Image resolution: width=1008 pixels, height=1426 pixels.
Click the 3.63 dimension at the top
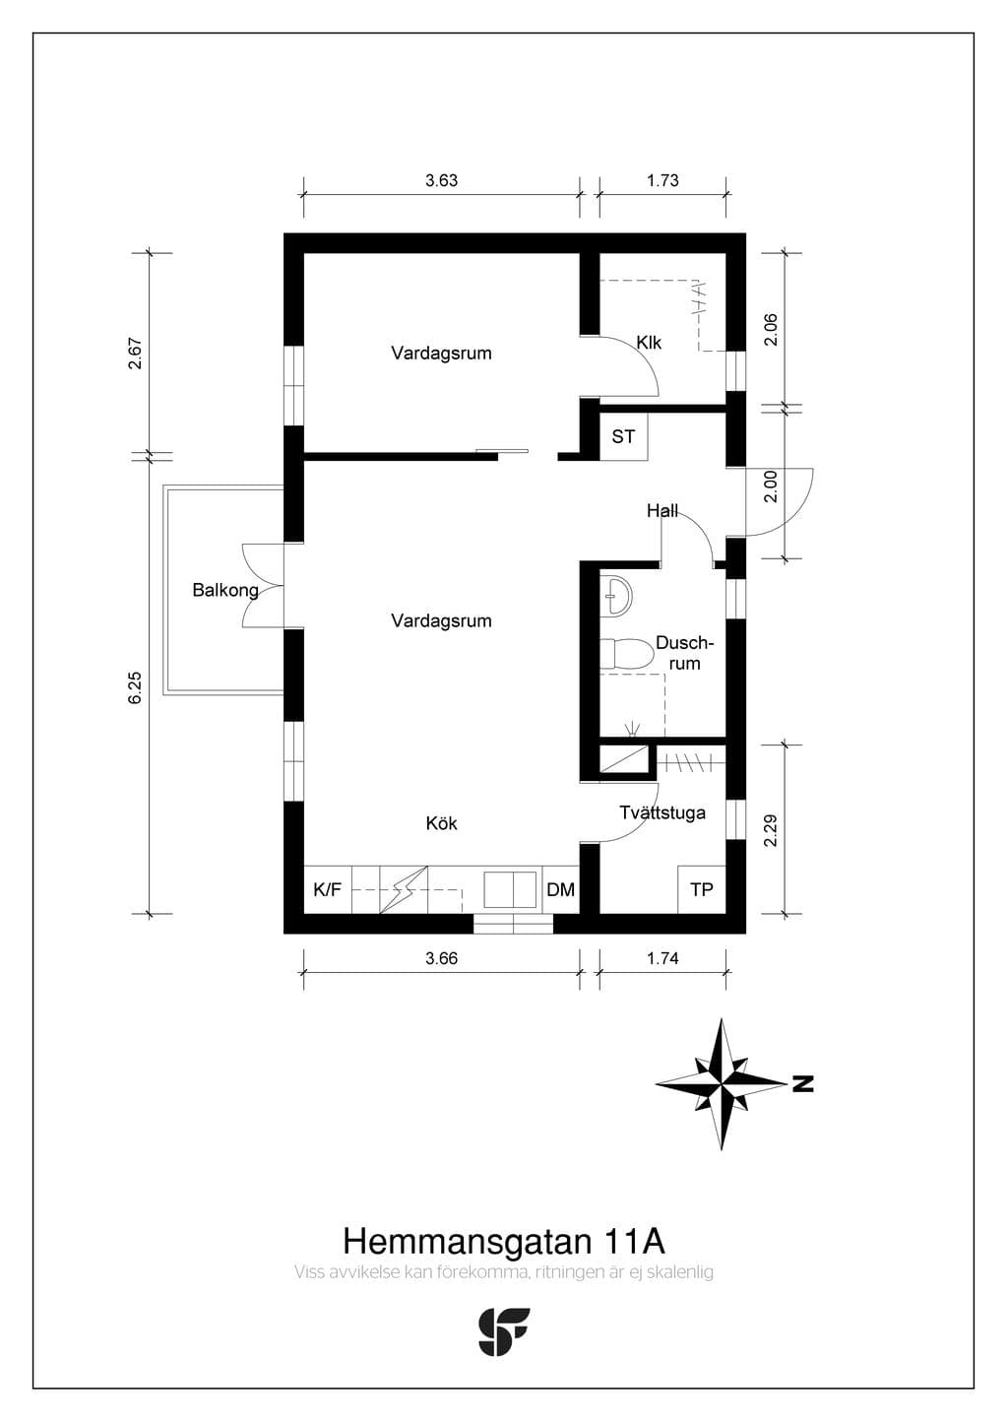[x=441, y=181]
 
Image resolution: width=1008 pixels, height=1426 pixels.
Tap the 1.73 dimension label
[x=662, y=181]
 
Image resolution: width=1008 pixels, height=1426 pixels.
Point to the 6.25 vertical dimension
[x=135, y=688]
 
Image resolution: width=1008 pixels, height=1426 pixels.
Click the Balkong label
[x=225, y=591]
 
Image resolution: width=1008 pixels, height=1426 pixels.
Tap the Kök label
[x=442, y=823]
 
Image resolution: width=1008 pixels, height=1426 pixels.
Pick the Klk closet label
[x=649, y=343]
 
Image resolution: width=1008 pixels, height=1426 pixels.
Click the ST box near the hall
[x=624, y=436]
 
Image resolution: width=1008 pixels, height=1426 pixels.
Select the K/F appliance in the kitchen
[x=328, y=889]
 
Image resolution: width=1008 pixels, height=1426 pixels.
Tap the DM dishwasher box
[x=561, y=889]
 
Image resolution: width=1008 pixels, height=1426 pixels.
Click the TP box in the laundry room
[x=702, y=889]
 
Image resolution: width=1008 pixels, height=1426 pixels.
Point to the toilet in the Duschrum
[x=627, y=653]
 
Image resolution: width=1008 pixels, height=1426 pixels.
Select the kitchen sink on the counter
[x=510, y=889]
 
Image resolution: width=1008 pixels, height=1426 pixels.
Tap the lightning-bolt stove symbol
[x=404, y=889]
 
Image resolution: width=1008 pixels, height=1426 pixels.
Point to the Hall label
[x=662, y=510]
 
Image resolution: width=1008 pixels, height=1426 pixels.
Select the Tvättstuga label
[x=662, y=812]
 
